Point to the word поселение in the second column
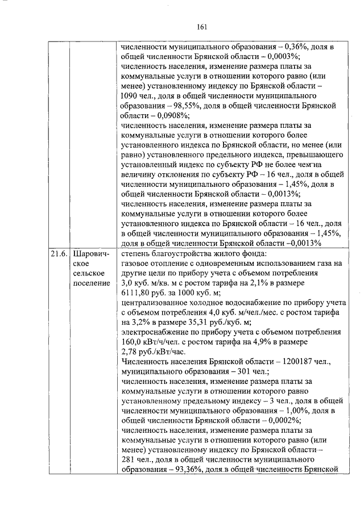90,283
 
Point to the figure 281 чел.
138,460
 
